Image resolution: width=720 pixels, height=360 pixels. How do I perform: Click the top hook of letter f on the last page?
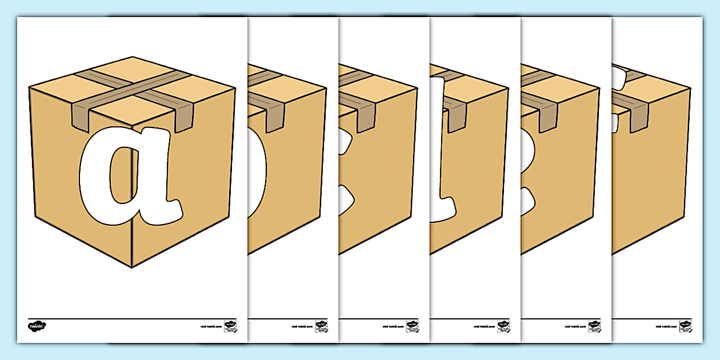point(620,74)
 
